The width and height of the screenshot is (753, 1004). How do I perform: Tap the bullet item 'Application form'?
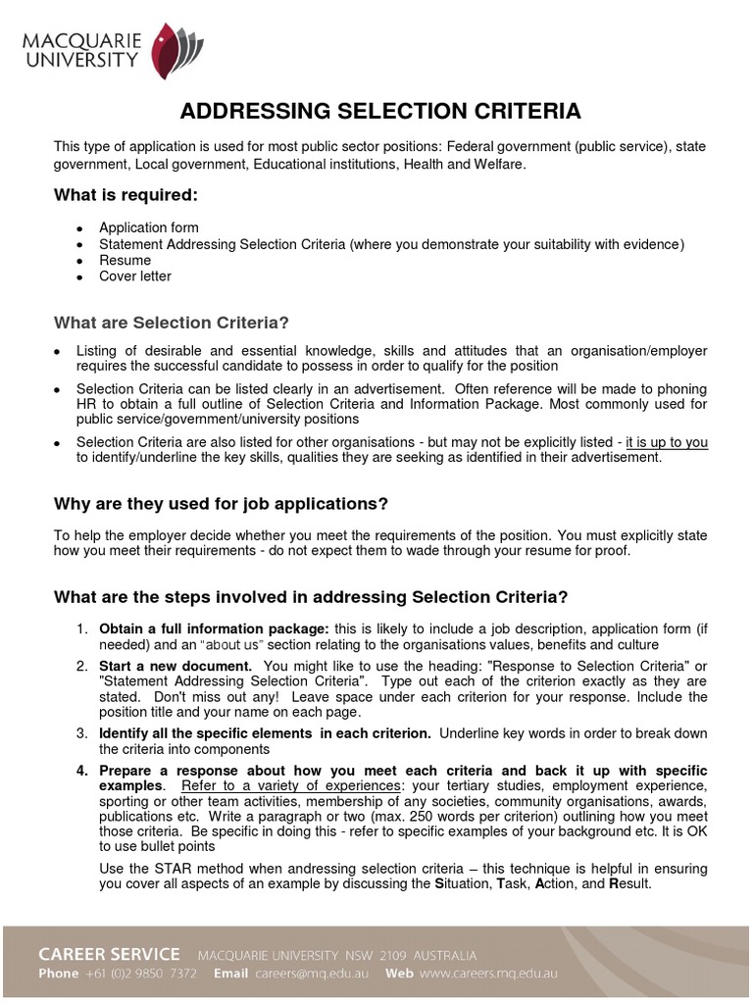point(148,228)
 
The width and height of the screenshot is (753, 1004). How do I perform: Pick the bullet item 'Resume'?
point(125,260)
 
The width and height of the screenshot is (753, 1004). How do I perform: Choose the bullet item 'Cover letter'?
point(134,276)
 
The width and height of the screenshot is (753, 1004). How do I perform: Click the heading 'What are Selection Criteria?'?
point(172,323)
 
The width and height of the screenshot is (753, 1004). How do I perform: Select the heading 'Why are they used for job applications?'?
point(221,504)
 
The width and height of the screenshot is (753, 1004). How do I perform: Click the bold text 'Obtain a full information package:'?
point(214,628)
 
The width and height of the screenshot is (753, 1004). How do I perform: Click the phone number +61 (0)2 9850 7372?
point(145,974)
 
